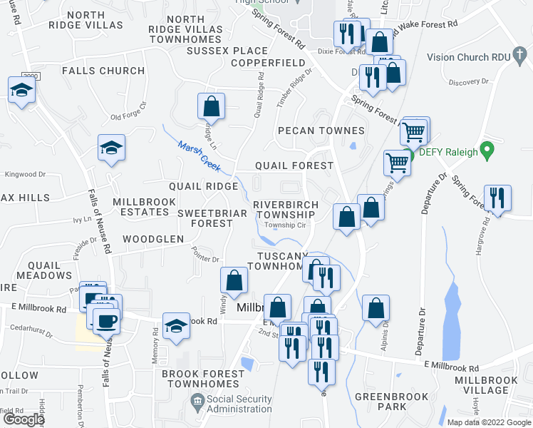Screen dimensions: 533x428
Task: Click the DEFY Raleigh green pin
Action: pyautogui.click(x=487, y=151)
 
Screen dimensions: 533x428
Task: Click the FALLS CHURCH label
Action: pyautogui.click(x=103, y=71)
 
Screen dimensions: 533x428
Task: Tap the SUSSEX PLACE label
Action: pyautogui.click(x=227, y=51)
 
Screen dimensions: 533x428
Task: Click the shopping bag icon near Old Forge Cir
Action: pyautogui.click(x=211, y=107)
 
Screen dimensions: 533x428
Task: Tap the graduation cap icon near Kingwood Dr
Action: pyautogui.click(x=111, y=148)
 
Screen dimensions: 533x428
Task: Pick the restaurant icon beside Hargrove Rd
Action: pyautogui.click(x=497, y=198)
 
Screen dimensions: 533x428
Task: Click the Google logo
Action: pyautogui.click(x=24, y=419)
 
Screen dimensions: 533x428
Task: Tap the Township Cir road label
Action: pyautogui.click(x=285, y=225)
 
